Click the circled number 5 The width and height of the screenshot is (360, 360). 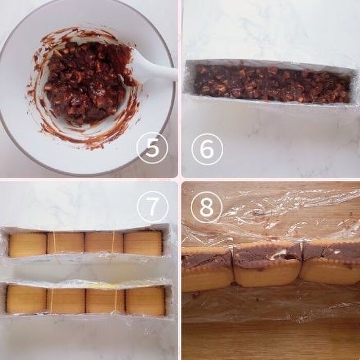(152, 148)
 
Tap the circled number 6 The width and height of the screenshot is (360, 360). (207, 149)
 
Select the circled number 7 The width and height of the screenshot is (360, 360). (153, 207)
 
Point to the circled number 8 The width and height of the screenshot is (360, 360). (206, 207)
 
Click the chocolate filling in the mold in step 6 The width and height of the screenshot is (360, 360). (272, 84)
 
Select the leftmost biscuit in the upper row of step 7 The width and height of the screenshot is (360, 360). (28, 245)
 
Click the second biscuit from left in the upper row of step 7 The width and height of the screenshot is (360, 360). (66, 243)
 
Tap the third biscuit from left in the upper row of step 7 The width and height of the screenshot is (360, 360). (104, 243)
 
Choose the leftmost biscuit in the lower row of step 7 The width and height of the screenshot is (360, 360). (26, 300)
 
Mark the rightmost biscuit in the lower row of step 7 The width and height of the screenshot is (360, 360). (146, 301)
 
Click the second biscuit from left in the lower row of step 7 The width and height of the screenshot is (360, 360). (66, 300)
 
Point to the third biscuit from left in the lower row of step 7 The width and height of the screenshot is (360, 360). (105, 301)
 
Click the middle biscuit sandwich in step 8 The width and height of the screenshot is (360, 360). (267, 264)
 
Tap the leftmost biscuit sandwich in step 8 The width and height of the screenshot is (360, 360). (208, 269)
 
